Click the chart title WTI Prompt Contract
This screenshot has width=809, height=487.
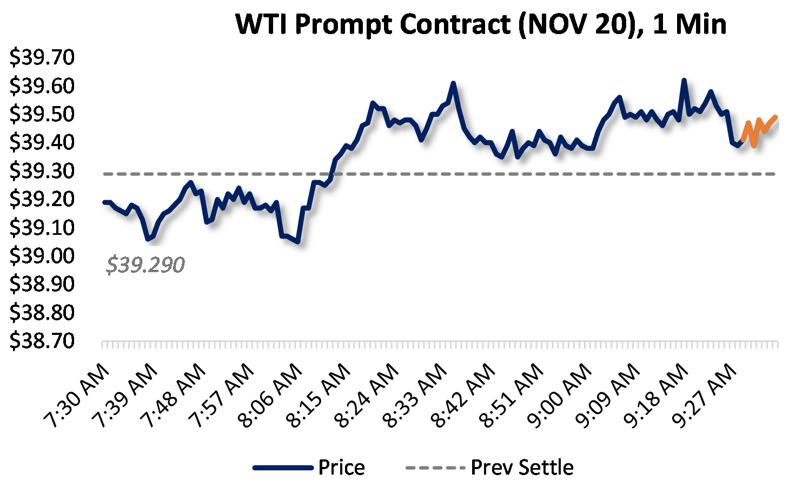pyautogui.click(x=481, y=24)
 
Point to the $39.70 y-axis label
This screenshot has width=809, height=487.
pyautogui.click(x=42, y=57)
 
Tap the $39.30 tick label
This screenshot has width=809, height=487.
pyautogui.click(x=42, y=171)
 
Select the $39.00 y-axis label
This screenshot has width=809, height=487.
pyautogui.click(x=42, y=255)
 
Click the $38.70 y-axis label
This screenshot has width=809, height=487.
pyautogui.click(x=42, y=341)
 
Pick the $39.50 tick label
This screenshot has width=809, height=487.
pyautogui.click(x=42, y=114)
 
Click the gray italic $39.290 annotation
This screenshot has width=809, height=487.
pyautogui.click(x=145, y=265)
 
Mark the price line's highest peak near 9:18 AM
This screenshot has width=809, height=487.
pyautogui.click(x=684, y=81)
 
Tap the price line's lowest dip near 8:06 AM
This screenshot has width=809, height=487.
pyautogui.click(x=297, y=241)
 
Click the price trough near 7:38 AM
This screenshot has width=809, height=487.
pyautogui.click(x=148, y=238)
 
